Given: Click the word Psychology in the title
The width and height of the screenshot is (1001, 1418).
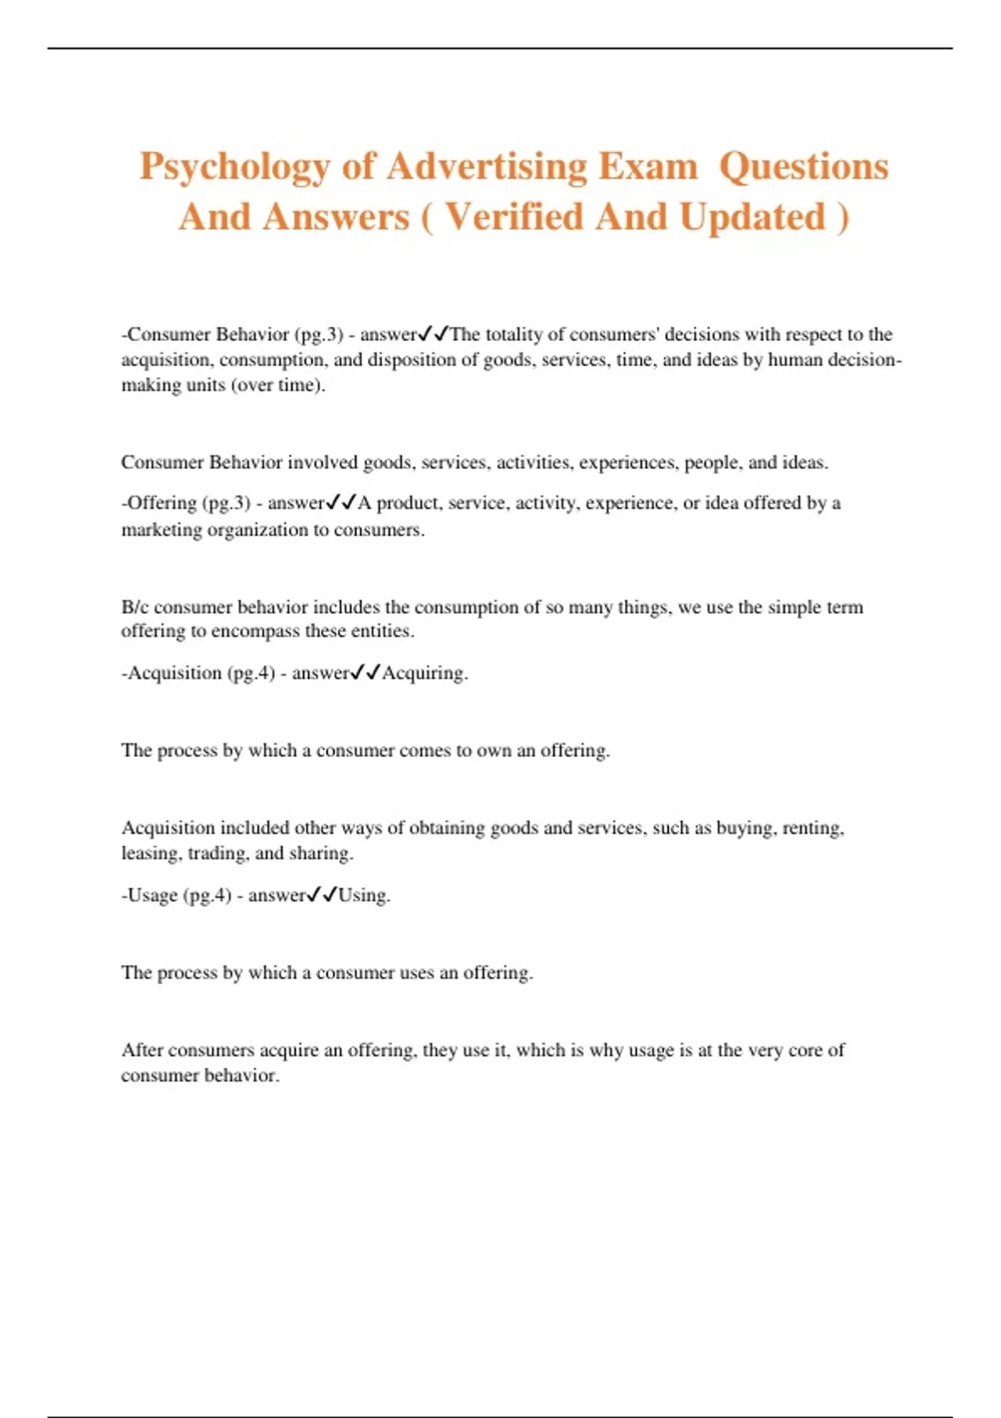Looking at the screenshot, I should pyautogui.click(x=234, y=167).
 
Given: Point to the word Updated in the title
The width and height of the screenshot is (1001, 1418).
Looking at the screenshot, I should pyautogui.click(x=752, y=218).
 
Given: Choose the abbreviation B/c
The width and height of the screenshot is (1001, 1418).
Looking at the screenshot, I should pyautogui.click(x=134, y=607).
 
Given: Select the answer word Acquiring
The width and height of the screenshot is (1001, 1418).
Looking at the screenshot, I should pyautogui.click(x=425, y=673).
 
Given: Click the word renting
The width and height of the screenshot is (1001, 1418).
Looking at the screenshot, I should pyautogui.click(x=813, y=828).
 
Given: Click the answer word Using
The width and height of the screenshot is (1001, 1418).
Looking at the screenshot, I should pyautogui.click(x=364, y=896).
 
